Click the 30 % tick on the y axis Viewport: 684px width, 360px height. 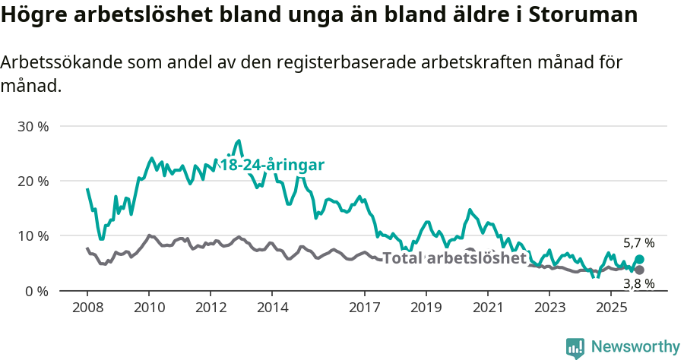point(33,126)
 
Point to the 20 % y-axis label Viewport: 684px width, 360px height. point(33,181)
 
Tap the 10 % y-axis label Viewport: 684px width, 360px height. point(33,236)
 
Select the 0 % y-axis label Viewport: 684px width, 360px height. point(36,291)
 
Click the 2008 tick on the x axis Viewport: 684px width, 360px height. point(87,308)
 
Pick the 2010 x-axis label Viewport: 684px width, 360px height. point(149,308)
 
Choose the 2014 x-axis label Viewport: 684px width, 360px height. point(272,308)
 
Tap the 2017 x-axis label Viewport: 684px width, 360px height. point(365,308)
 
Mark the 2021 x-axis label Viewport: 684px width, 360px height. point(487,308)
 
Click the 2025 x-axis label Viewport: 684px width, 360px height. point(610,308)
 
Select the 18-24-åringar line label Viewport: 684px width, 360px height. point(272,165)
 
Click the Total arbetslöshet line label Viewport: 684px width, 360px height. point(454,258)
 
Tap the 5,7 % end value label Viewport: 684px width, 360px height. point(638,244)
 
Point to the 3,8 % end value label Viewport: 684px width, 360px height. point(638,283)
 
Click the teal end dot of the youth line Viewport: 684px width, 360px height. point(639,260)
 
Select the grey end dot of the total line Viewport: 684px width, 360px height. point(639,270)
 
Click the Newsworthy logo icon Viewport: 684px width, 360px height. point(575,348)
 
